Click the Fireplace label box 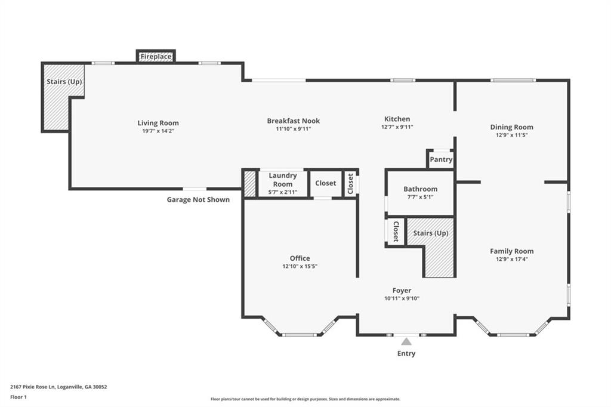tap(156, 57)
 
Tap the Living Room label tap(158, 123)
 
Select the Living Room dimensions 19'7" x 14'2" tap(158, 131)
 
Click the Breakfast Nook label tap(293, 121)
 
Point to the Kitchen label tap(397, 119)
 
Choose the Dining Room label tap(511, 127)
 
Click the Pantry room tap(442, 159)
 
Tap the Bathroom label tap(420, 189)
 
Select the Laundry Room tap(282, 183)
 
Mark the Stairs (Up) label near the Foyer tap(430, 233)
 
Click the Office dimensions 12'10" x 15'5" tap(300, 266)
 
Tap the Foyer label tap(402, 291)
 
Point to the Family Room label tap(511, 251)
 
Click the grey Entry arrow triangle tap(406, 341)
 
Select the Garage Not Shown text tap(198, 199)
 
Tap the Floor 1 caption tap(18, 397)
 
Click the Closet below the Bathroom tap(394, 232)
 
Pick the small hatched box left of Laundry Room tap(249, 184)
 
